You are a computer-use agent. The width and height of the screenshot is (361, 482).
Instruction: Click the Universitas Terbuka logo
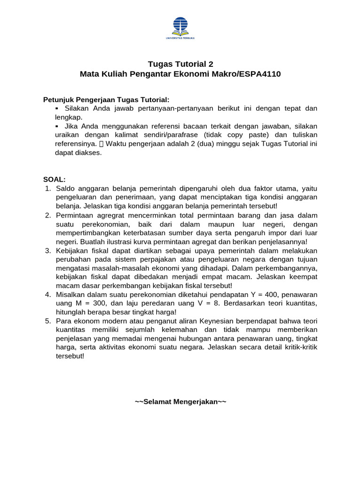[180, 27]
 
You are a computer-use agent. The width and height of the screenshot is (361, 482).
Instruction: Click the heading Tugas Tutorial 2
[180, 64]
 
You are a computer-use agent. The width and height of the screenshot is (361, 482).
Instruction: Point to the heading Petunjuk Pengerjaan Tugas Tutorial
[106, 100]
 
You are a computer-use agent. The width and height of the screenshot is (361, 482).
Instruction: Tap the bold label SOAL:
[55, 180]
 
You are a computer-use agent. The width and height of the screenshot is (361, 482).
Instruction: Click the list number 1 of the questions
[47, 189]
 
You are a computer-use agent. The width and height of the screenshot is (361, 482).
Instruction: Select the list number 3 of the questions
[47, 250]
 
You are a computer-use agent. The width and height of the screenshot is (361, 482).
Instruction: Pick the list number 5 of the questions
[47, 321]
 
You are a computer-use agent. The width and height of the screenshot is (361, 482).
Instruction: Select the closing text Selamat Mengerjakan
[180, 402]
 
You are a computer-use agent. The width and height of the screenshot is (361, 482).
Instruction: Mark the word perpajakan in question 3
[168, 259]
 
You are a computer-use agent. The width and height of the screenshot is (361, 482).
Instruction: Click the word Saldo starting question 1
[65, 189]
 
